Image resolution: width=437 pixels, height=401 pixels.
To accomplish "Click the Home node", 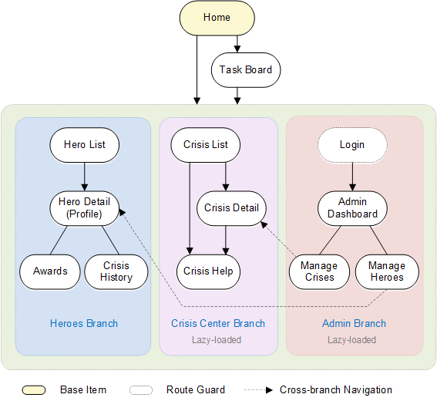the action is coord(217,18).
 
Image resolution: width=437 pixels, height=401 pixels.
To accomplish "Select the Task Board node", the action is coord(246,70).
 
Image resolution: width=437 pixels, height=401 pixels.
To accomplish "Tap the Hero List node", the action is coord(85,145).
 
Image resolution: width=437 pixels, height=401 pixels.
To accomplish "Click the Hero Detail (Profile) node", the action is coord(85,208).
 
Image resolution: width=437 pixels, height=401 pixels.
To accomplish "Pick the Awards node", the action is coord(50,272).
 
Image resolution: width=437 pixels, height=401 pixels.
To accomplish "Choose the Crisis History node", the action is coord(116,272).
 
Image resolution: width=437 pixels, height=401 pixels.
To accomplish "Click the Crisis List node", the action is coord(206,145).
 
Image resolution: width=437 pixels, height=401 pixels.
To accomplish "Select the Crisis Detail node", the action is coord(231,208).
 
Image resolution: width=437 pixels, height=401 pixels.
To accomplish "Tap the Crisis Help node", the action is coord(208,272).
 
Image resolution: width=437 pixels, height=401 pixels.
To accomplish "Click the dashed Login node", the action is coord(352,145).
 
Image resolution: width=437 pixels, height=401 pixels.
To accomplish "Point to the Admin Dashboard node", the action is coord(352,208).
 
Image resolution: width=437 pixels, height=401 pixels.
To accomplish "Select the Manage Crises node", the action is coord(319,272).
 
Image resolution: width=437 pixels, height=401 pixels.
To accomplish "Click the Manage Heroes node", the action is coord(387,272).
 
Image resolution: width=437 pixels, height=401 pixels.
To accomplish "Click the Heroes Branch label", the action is coord(84,323).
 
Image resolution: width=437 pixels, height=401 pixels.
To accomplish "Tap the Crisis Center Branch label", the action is coord(218,323).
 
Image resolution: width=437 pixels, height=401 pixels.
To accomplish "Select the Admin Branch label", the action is coord(354,323).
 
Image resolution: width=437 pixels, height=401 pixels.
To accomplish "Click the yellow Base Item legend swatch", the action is coord(34,390).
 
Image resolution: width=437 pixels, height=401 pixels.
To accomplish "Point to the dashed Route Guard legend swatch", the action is coord(141,390).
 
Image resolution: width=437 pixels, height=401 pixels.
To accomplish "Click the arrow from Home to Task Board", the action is coord(237,44).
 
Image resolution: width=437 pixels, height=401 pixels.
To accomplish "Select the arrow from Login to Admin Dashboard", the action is coord(352,177).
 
